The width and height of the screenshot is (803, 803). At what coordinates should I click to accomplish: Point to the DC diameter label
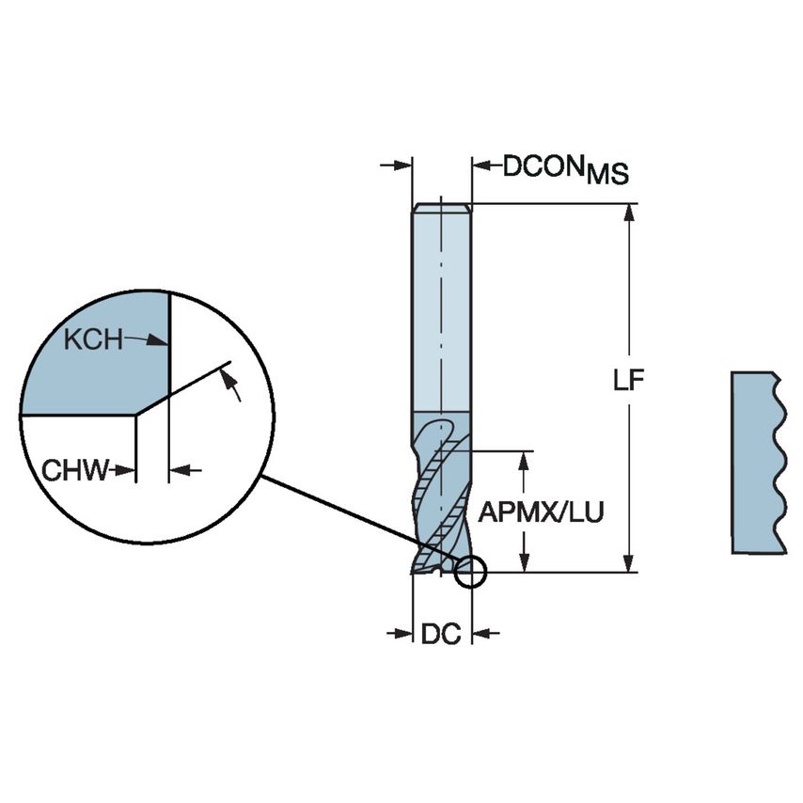(x=440, y=635)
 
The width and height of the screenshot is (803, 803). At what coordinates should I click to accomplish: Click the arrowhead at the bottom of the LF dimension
(x=628, y=562)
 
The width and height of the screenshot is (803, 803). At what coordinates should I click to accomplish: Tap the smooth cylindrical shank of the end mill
(x=441, y=310)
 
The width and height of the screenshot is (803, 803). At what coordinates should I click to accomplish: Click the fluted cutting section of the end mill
(x=441, y=494)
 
